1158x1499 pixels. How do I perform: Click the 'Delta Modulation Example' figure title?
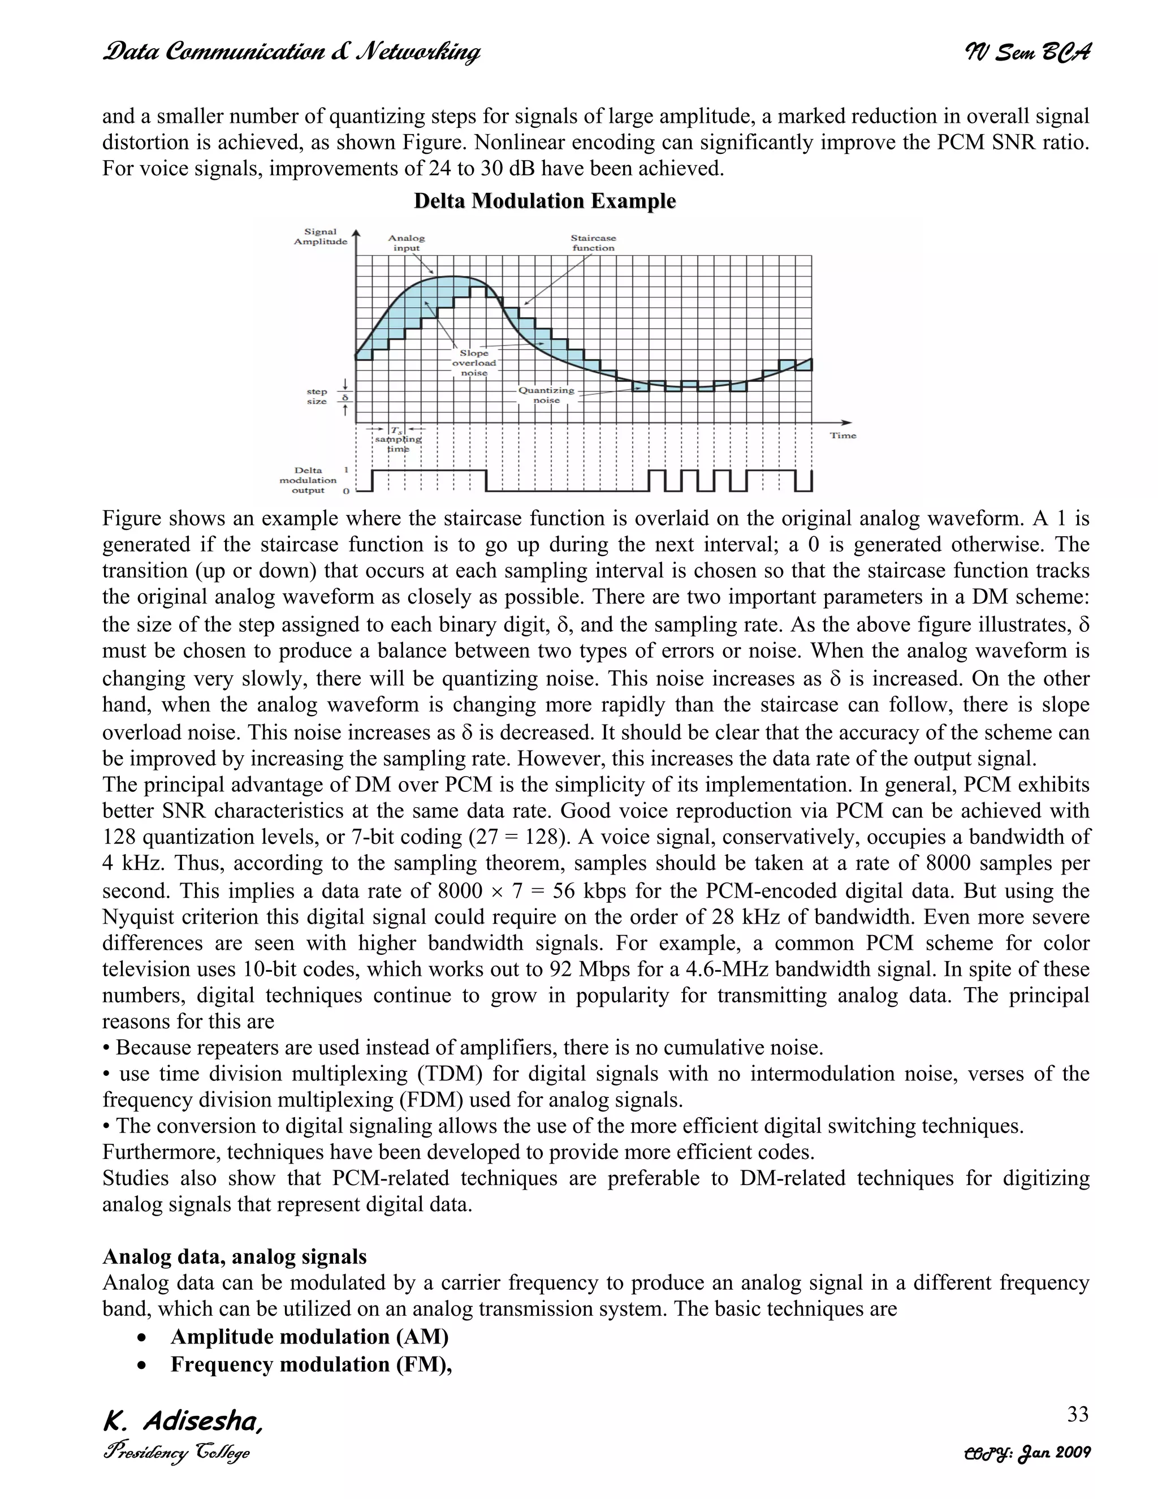pyautogui.click(x=545, y=201)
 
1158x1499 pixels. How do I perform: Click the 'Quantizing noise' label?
pyautogui.click(x=546, y=395)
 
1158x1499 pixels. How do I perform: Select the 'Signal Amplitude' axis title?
pyautogui.click(x=321, y=237)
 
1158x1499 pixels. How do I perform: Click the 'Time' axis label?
pyautogui.click(x=842, y=435)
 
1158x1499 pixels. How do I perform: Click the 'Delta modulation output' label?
pyautogui.click(x=308, y=480)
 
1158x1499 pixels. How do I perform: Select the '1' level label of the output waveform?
pyautogui.click(x=345, y=470)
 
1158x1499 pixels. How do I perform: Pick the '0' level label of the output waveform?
pyautogui.click(x=345, y=492)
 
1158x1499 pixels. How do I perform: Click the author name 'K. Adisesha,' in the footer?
pyautogui.click(x=183, y=1422)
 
